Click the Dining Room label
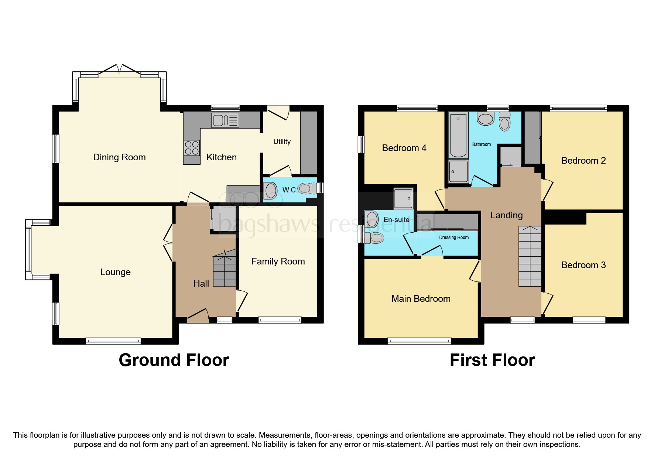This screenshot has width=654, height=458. coord(119,157)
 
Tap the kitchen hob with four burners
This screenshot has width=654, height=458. coord(192,148)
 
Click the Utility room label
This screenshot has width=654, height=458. coord(282,142)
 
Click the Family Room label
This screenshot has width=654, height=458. coord(278,262)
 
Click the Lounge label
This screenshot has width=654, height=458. coord(115,272)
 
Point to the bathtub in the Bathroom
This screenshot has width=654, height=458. coord(458,135)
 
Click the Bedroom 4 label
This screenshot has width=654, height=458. coord(404,148)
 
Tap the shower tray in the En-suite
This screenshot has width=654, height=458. coord(403,199)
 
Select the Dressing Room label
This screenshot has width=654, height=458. coord(453,237)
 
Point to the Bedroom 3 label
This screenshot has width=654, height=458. coord(583,265)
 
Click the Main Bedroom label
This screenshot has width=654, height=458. coord(421,299)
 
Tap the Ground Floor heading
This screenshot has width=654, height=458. coord(174,360)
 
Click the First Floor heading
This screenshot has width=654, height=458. coord(492,360)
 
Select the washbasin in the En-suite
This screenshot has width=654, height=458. coord(372,219)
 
